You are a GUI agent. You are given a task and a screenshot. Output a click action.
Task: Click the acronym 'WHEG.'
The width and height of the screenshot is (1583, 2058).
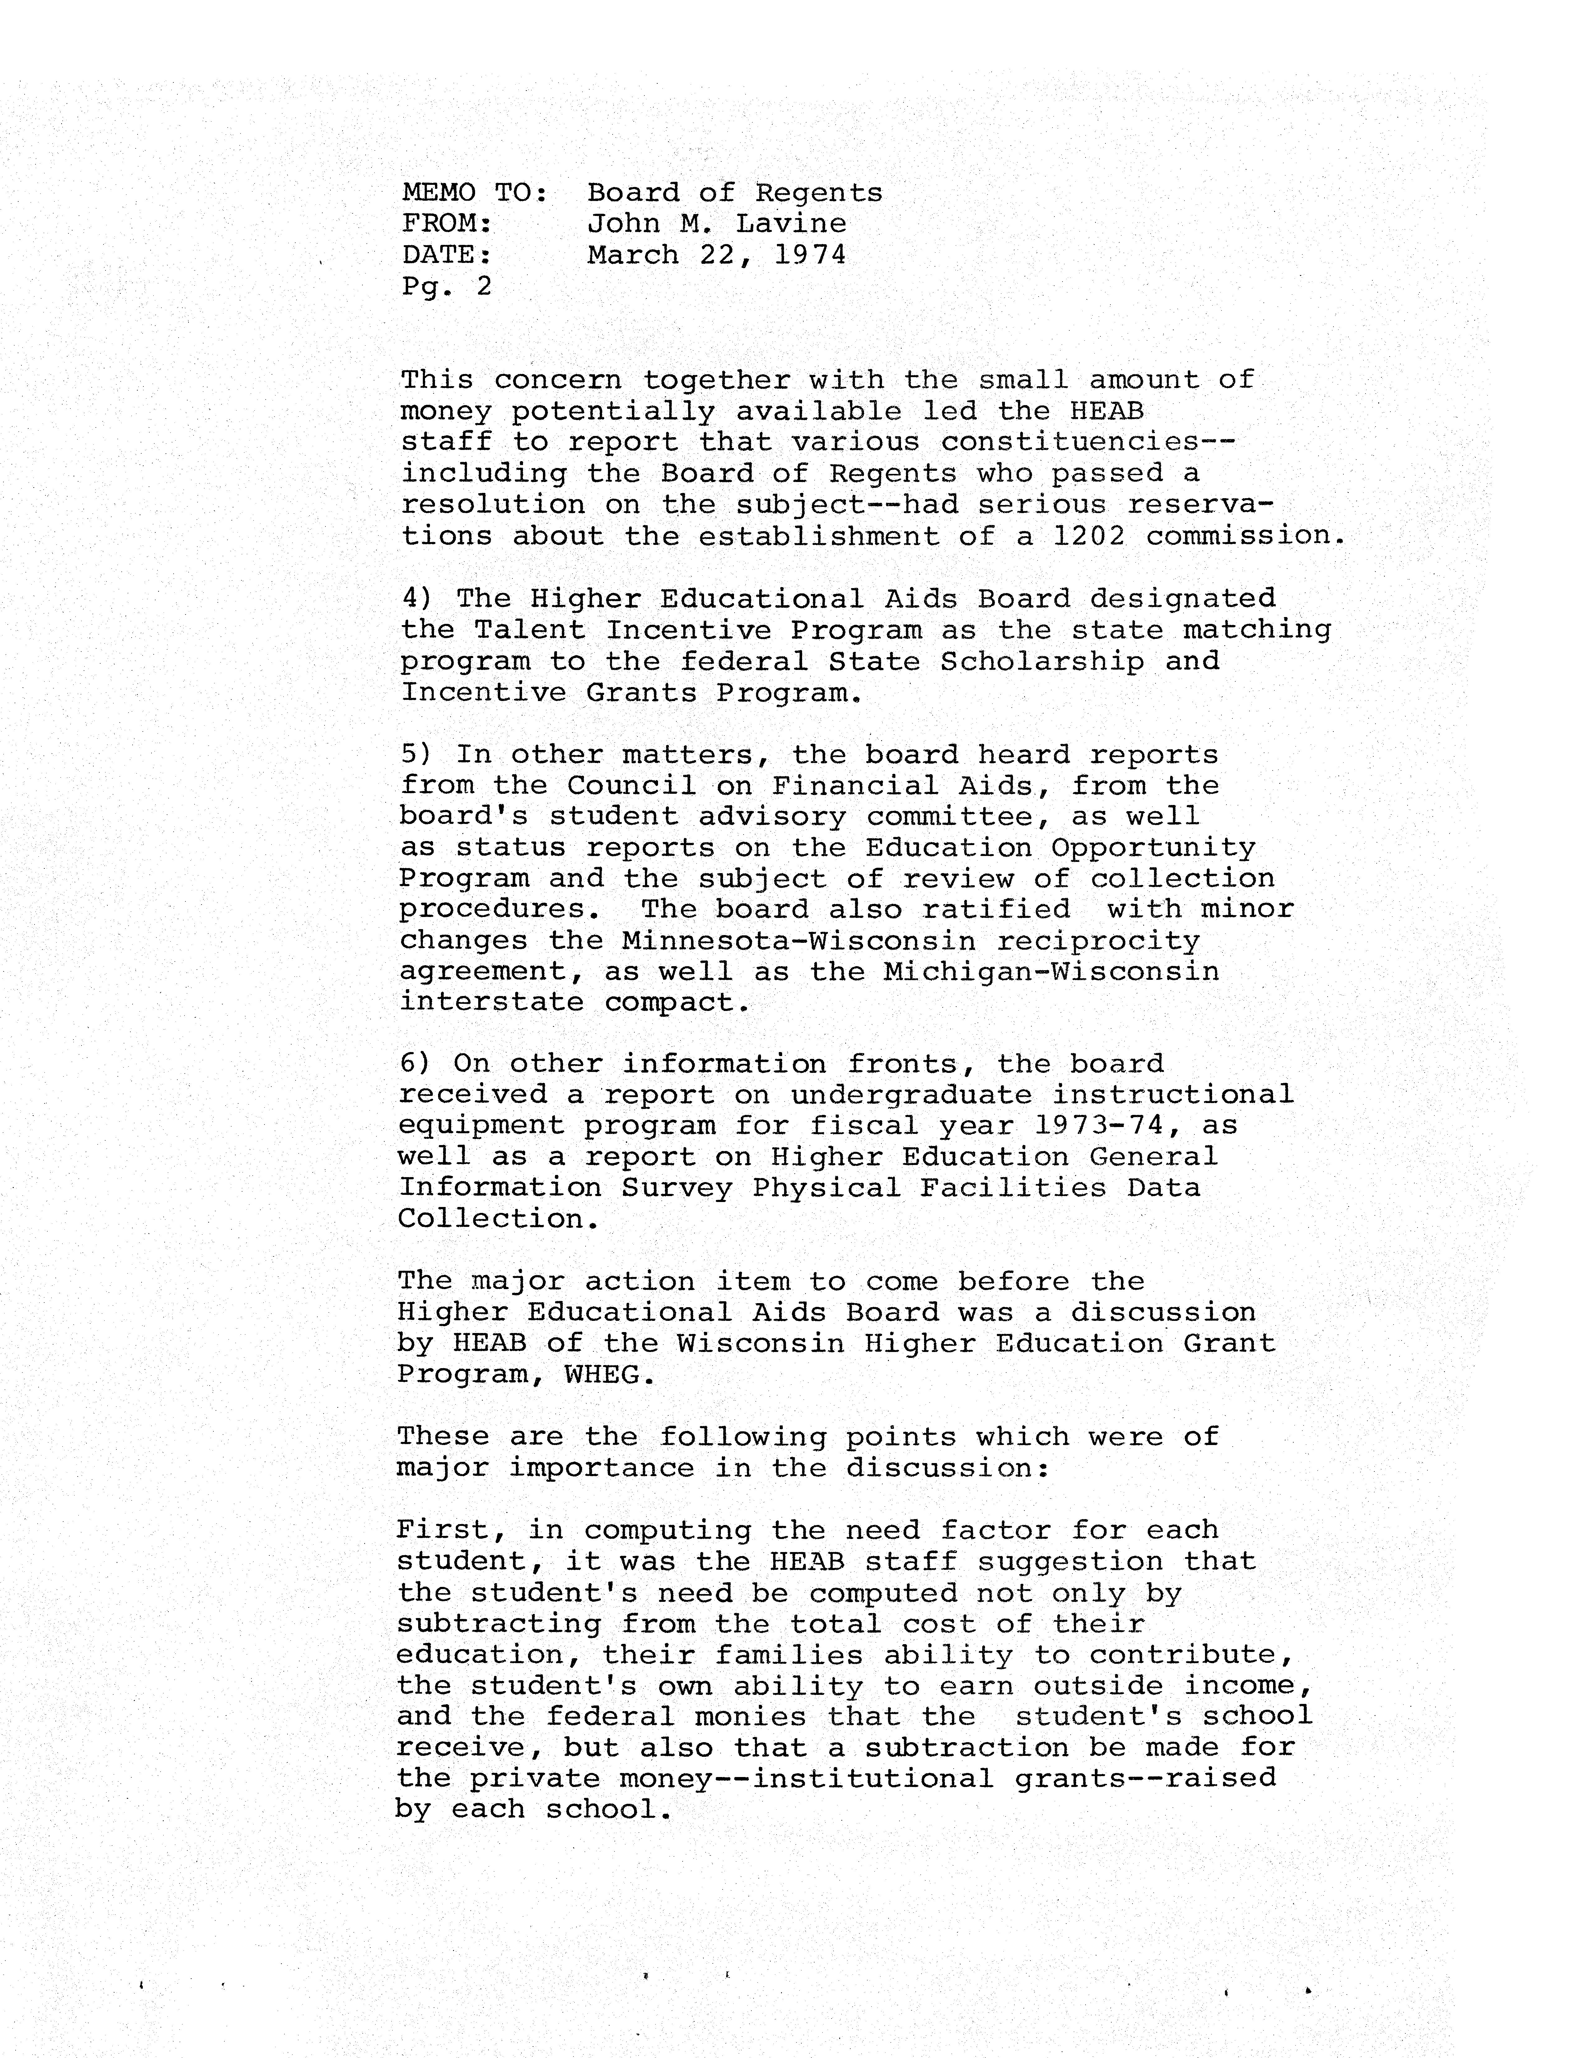pos(608,1375)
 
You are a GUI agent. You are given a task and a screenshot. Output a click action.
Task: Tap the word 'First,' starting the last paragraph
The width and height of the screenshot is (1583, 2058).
pos(451,1531)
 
